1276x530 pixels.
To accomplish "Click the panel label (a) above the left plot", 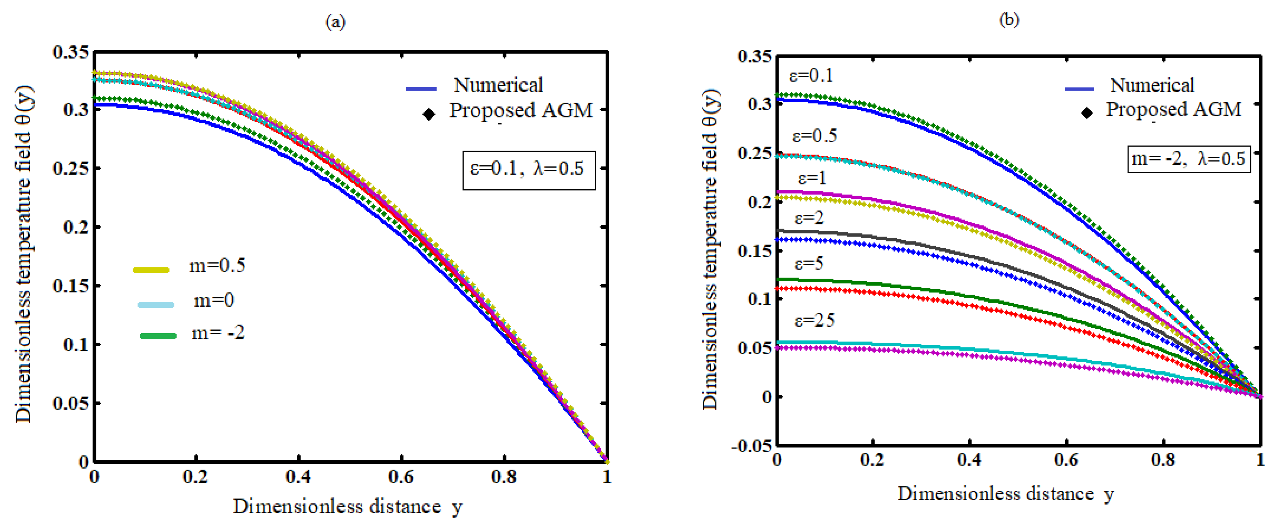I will click(x=335, y=22).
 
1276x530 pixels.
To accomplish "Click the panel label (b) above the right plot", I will click(x=1009, y=19).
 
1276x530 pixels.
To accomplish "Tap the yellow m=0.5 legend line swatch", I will click(x=151, y=270).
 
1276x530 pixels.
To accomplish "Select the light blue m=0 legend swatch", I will click(x=155, y=304).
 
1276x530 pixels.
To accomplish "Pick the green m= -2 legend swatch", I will click(x=158, y=336).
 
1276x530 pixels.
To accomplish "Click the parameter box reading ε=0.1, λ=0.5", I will click(x=528, y=170).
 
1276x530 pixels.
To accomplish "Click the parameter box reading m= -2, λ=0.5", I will click(x=1188, y=159).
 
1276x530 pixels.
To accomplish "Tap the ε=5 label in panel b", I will click(x=809, y=264).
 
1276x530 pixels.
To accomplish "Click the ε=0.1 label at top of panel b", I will click(x=811, y=76).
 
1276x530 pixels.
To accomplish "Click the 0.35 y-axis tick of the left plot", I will click(x=71, y=52).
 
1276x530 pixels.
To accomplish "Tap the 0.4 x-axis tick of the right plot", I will click(x=969, y=460).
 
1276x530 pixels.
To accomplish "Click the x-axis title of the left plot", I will click(x=348, y=507).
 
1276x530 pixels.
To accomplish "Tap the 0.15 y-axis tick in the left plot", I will click(x=71, y=286).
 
